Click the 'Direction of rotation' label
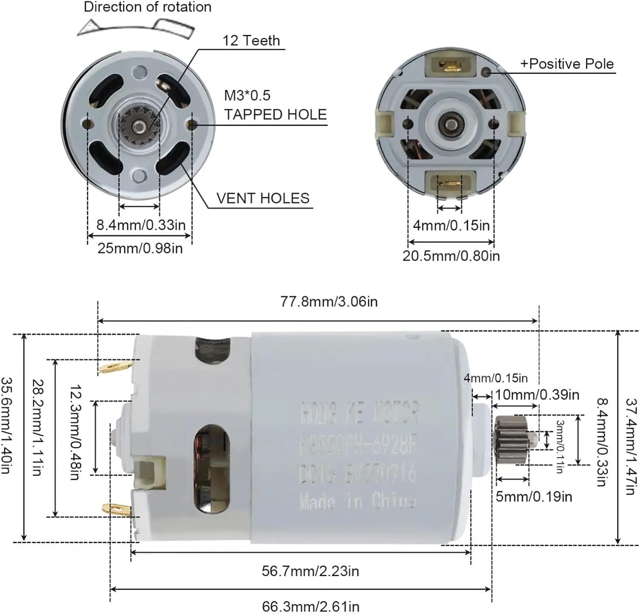point(147,7)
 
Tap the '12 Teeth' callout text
point(251,41)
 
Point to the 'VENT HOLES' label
point(262,198)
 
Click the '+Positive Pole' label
point(567,64)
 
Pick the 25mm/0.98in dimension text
point(140,248)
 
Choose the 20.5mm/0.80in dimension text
point(451,256)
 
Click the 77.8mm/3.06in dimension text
point(329,302)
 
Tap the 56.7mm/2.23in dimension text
point(310,571)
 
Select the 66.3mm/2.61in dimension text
point(310,606)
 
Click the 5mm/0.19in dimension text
point(533,497)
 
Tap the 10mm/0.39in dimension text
point(537,395)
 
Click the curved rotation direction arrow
point(136,27)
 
